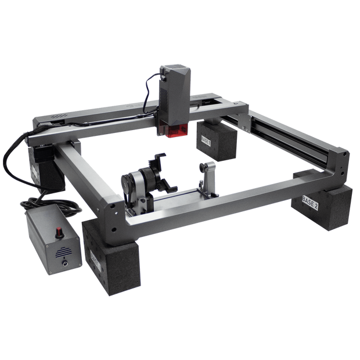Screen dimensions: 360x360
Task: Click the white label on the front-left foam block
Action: [95, 258]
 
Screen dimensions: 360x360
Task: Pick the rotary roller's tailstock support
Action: [206, 181]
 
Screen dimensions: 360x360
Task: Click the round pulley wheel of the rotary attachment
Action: [130, 182]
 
